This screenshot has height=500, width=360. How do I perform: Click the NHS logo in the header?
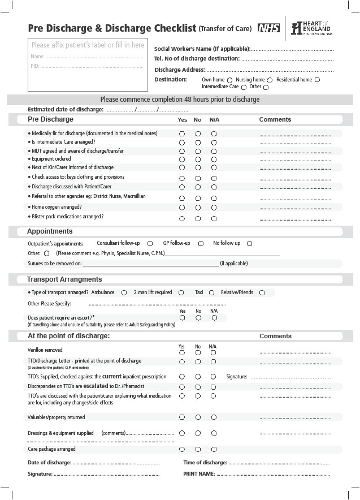coord(268,28)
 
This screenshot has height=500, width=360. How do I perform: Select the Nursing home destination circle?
coord(270,80)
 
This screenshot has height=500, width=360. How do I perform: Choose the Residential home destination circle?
coord(317,80)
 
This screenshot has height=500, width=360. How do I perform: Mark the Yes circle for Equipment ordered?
coord(182,160)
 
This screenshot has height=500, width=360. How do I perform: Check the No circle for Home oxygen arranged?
coord(198,208)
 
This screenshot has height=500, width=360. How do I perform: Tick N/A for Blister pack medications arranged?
coord(214,218)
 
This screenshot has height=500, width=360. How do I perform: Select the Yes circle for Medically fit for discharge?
coord(182,134)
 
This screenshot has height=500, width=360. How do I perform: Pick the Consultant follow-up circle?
coord(150,243)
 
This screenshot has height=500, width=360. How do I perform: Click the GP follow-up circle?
coord(201,243)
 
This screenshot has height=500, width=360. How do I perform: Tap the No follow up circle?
coord(249,243)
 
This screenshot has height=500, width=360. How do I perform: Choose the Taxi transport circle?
coord(211,292)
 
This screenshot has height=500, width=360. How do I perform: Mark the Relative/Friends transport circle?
coord(262,292)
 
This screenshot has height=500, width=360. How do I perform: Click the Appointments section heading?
coord(50,231)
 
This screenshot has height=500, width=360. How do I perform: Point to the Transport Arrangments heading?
coord(64,279)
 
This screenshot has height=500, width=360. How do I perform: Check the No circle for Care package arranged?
coord(198,450)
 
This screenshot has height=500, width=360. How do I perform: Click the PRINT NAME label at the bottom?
coord(199,473)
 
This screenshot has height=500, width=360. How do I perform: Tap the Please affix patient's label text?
coord(88,45)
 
